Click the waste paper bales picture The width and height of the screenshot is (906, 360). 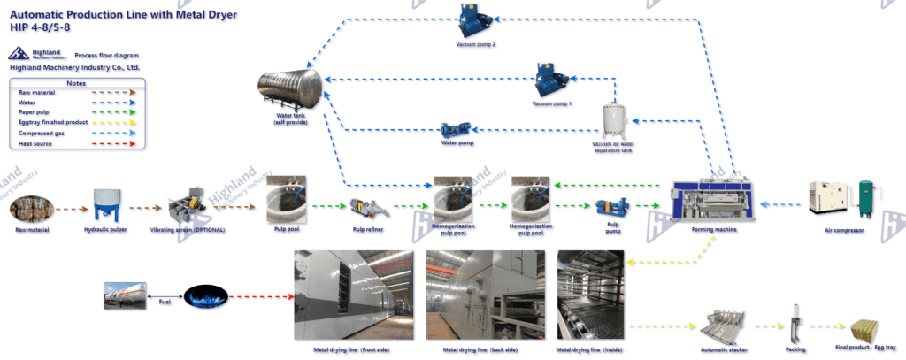pyautogui.click(x=33, y=211)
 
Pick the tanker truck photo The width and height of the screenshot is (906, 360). pyautogui.click(x=124, y=296)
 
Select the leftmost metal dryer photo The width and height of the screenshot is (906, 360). pyautogui.click(x=354, y=294)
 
